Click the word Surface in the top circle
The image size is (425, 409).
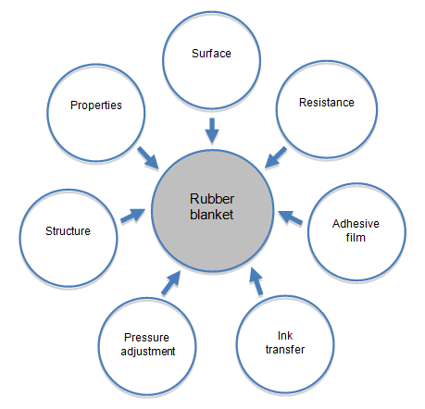point(211,54)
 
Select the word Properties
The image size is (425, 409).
point(96,105)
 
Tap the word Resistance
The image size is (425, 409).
point(327,103)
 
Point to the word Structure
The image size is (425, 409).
point(68,231)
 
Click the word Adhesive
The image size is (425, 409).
point(356,224)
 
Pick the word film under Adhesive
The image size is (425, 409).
point(356,238)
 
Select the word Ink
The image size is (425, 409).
point(285,336)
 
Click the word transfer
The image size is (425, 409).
point(285,350)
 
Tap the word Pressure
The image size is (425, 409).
point(146,338)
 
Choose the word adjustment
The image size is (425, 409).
point(148,352)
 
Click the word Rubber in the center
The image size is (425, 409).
point(212,199)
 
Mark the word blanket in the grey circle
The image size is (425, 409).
point(211,215)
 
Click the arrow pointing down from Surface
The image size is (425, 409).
point(212,130)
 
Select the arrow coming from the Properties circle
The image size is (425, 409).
point(148,158)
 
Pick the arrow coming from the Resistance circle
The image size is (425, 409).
point(276,157)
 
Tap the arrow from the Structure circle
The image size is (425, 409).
point(132,216)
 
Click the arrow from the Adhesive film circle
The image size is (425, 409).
point(290,217)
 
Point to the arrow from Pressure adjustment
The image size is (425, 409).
point(170,283)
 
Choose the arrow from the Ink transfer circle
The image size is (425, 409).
point(256,281)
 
